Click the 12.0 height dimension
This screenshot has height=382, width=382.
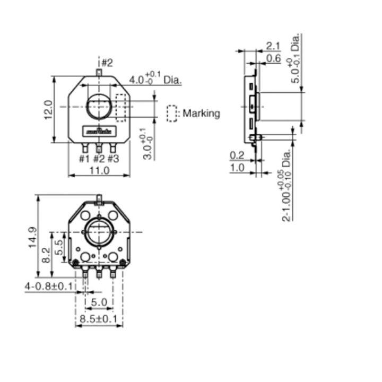tap(48, 110)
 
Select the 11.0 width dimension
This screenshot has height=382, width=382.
tap(99, 170)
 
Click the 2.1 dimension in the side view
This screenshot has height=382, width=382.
tap(273, 45)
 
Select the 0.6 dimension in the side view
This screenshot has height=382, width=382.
tap(273, 58)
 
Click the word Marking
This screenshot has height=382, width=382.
tap(201, 113)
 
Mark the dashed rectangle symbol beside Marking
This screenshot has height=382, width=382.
tap(172, 114)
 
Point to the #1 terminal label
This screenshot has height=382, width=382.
tap(84, 158)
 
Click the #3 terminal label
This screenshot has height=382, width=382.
tap(113, 158)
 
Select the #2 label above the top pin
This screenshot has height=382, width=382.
tap(107, 63)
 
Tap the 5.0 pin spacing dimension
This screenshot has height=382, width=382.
tap(99, 302)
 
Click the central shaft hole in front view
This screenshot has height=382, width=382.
tap(99, 106)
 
